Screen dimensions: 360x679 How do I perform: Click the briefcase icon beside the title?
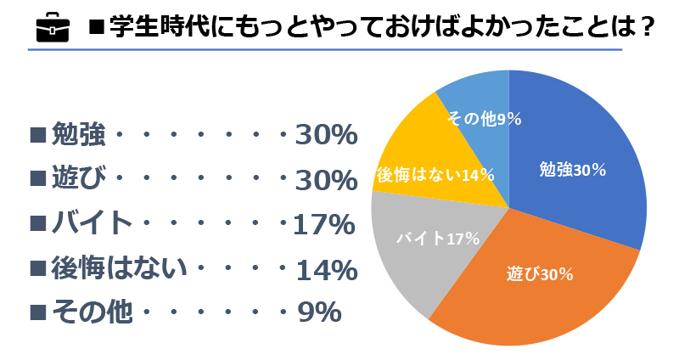coord(51,28)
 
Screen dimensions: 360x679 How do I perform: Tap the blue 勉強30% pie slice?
coord(577,170)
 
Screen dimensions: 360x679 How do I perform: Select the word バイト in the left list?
coord(93,224)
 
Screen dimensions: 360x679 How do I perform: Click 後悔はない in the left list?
coord(119,269)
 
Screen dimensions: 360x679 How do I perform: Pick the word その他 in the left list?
coord(93,313)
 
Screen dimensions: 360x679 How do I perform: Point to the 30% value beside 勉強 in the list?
coord(324,135)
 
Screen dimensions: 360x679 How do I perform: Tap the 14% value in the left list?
coord(325,270)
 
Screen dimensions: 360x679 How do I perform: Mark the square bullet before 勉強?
coord(36,135)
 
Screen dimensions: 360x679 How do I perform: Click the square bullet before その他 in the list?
coord(36,313)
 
